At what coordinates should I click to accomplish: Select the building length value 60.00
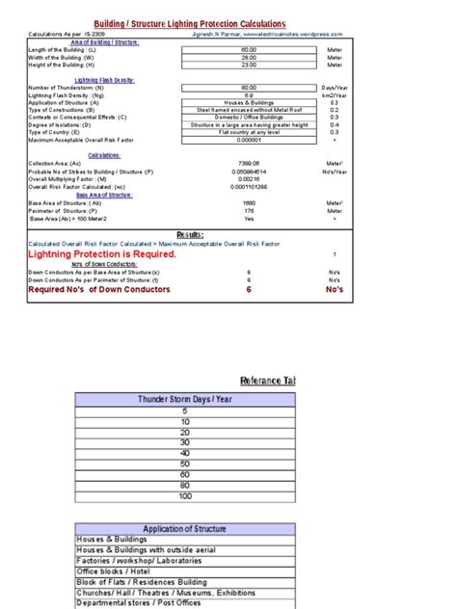tap(249, 49)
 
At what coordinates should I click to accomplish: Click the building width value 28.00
tap(249, 57)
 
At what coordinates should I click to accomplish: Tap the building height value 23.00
tap(249, 65)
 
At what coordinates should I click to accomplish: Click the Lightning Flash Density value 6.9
tap(249, 96)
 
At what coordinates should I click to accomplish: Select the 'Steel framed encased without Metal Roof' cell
tap(249, 111)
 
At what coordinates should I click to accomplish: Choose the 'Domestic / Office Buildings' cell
tap(249, 118)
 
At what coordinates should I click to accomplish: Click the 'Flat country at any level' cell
tap(249, 132)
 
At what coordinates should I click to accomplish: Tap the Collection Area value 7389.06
tap(249, 164)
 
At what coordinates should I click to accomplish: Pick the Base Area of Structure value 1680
tap(249, 203)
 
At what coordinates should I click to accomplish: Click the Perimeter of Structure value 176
tap(249, 211)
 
